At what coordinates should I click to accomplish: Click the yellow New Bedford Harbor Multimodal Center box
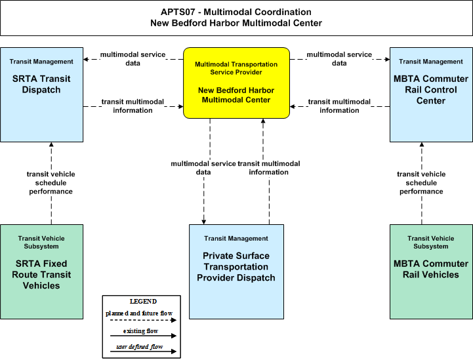click(x=236, y=83)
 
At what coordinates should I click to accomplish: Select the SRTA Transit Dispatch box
click(x=41, y=94)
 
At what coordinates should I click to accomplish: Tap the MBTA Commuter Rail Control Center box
click(x=431, y=94)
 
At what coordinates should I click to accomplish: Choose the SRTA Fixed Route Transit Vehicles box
click(x=41, y=271)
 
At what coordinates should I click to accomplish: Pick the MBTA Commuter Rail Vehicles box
click(x=431, y=271)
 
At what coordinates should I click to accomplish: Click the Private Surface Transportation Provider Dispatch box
click(x=236, y=271)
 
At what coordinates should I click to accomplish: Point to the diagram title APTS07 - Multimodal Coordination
click(x=236, y=12)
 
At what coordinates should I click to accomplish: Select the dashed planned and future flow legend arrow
click(x=143, y=320)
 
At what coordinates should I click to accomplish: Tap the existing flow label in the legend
click(x=140, y=331)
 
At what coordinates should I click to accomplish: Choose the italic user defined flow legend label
click(x=140, y=347)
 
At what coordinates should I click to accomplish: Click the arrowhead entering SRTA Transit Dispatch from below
click(x=51, y=144)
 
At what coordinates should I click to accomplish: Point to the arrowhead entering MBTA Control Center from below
click(x=422, y=144)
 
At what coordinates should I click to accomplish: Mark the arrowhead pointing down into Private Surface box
click(x=204, y=222)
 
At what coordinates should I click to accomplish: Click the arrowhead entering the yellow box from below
click(x=263, y=121)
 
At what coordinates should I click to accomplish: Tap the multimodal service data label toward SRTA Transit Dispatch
click(x=133, y=59)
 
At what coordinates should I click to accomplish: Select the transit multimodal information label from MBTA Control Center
click(x=339, y=106)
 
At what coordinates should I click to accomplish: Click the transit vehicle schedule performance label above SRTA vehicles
click(x=51, y=183)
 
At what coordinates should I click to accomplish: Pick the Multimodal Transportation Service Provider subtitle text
click(x=236, y=68)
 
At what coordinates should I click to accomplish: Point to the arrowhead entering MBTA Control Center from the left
click(x=388, y=60)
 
